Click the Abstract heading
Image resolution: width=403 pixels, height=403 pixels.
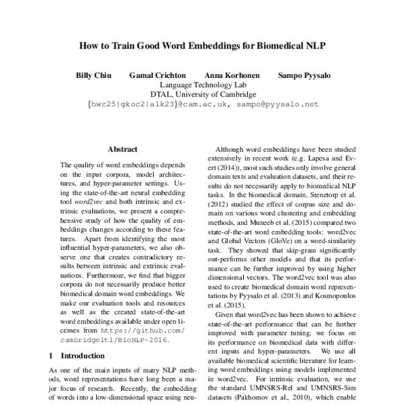(x=122, y=149)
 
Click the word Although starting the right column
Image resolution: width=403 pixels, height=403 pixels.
(x=229, y=152)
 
